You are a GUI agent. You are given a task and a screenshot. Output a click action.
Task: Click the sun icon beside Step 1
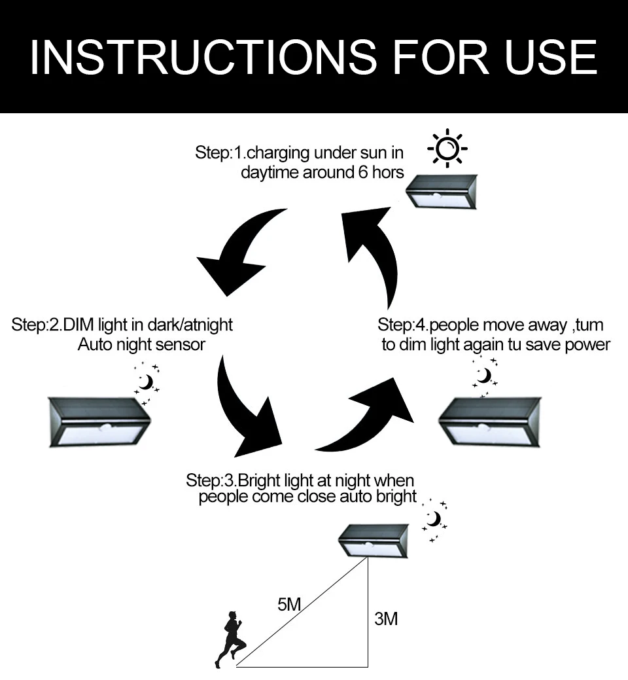(447, 149)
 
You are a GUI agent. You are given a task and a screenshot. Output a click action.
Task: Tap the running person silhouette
(230, 639)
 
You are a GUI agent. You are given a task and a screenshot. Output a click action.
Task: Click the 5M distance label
(289, 604)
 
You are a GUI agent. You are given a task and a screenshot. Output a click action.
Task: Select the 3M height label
(386, 619)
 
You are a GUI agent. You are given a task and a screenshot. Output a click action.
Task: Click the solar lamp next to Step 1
(442, 192)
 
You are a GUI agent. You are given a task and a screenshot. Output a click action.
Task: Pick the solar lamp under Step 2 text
(99, 422)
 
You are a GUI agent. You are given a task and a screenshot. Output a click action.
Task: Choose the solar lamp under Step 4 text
(490, 422)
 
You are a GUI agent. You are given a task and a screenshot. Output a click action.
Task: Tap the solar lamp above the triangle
(374, 541)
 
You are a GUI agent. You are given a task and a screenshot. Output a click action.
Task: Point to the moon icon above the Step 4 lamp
(485, 376)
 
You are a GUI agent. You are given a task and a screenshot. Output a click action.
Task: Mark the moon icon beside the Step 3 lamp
(434, 520)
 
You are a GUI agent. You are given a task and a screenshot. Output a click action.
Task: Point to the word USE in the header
(551, 57)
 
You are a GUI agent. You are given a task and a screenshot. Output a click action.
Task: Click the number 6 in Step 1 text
(363, 172)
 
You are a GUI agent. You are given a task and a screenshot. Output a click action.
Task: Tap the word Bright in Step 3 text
(259, 480)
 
